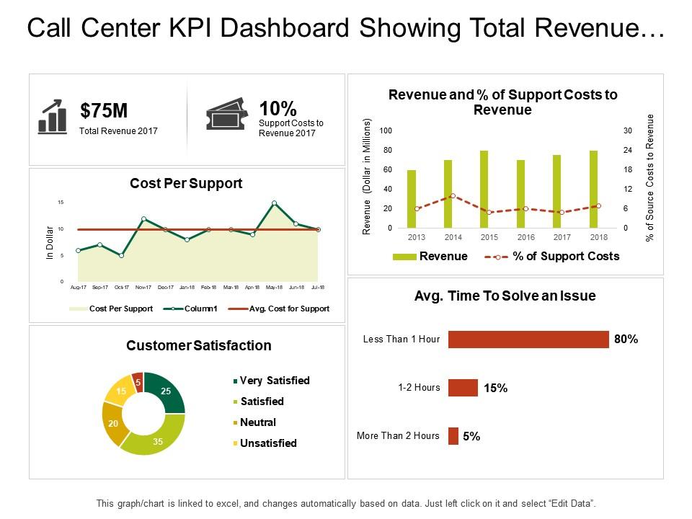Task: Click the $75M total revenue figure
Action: click(x=104, y=110)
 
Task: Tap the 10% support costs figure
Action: click(x=278, y=109)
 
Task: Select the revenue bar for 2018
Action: click(x=593, y=189)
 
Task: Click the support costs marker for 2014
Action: click(x=453, y=195)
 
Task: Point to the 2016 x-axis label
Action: click(x=525, y=237)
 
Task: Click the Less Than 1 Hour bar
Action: click(x=528, y=340)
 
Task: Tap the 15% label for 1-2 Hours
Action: click(x=495, y=388)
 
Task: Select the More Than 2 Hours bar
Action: click(x=453, y=436)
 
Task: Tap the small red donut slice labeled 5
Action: click(x=138, y=381)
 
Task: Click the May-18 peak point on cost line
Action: click(x=274, y=203)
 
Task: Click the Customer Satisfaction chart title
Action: click(x=199, y=345)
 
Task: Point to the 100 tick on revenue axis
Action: click(x=386, y=130)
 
